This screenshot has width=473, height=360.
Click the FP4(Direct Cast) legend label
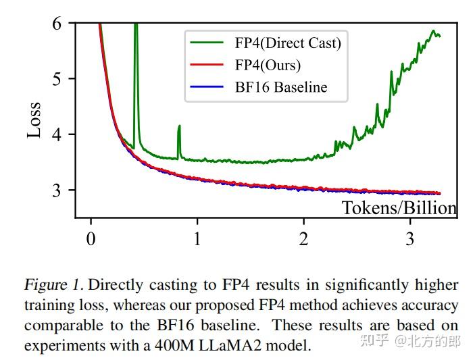[288, 44]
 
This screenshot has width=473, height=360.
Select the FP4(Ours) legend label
[268, 66]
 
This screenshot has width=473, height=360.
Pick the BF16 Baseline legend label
[281, 87]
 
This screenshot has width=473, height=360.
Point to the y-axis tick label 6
[58, 24]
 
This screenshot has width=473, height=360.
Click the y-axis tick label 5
[58, 79]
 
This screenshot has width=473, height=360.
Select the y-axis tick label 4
[58, 134]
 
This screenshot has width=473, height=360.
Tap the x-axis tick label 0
[91, 239]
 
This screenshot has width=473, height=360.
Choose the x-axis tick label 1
[197, 239]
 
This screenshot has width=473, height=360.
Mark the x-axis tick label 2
[303, 239]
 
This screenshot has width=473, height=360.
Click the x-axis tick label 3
[410, 239]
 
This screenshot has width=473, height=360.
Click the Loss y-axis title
[34, 120]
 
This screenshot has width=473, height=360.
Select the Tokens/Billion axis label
[399, 208]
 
